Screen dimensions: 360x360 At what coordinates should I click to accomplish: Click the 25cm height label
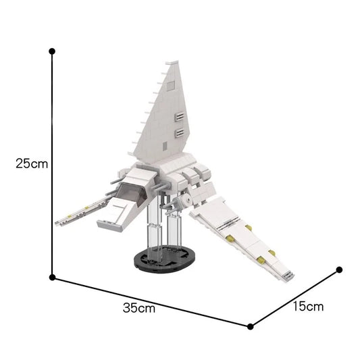tap(25, 163)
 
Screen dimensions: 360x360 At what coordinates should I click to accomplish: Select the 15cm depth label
tap(307, 306)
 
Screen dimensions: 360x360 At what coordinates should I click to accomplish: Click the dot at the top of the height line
tap(52, 50)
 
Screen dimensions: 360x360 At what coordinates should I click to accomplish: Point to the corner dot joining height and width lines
tap(52, 277)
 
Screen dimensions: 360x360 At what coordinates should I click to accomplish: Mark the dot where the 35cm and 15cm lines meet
tap(251, 326)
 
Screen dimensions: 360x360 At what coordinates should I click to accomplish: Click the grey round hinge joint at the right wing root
tap(181, 201)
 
